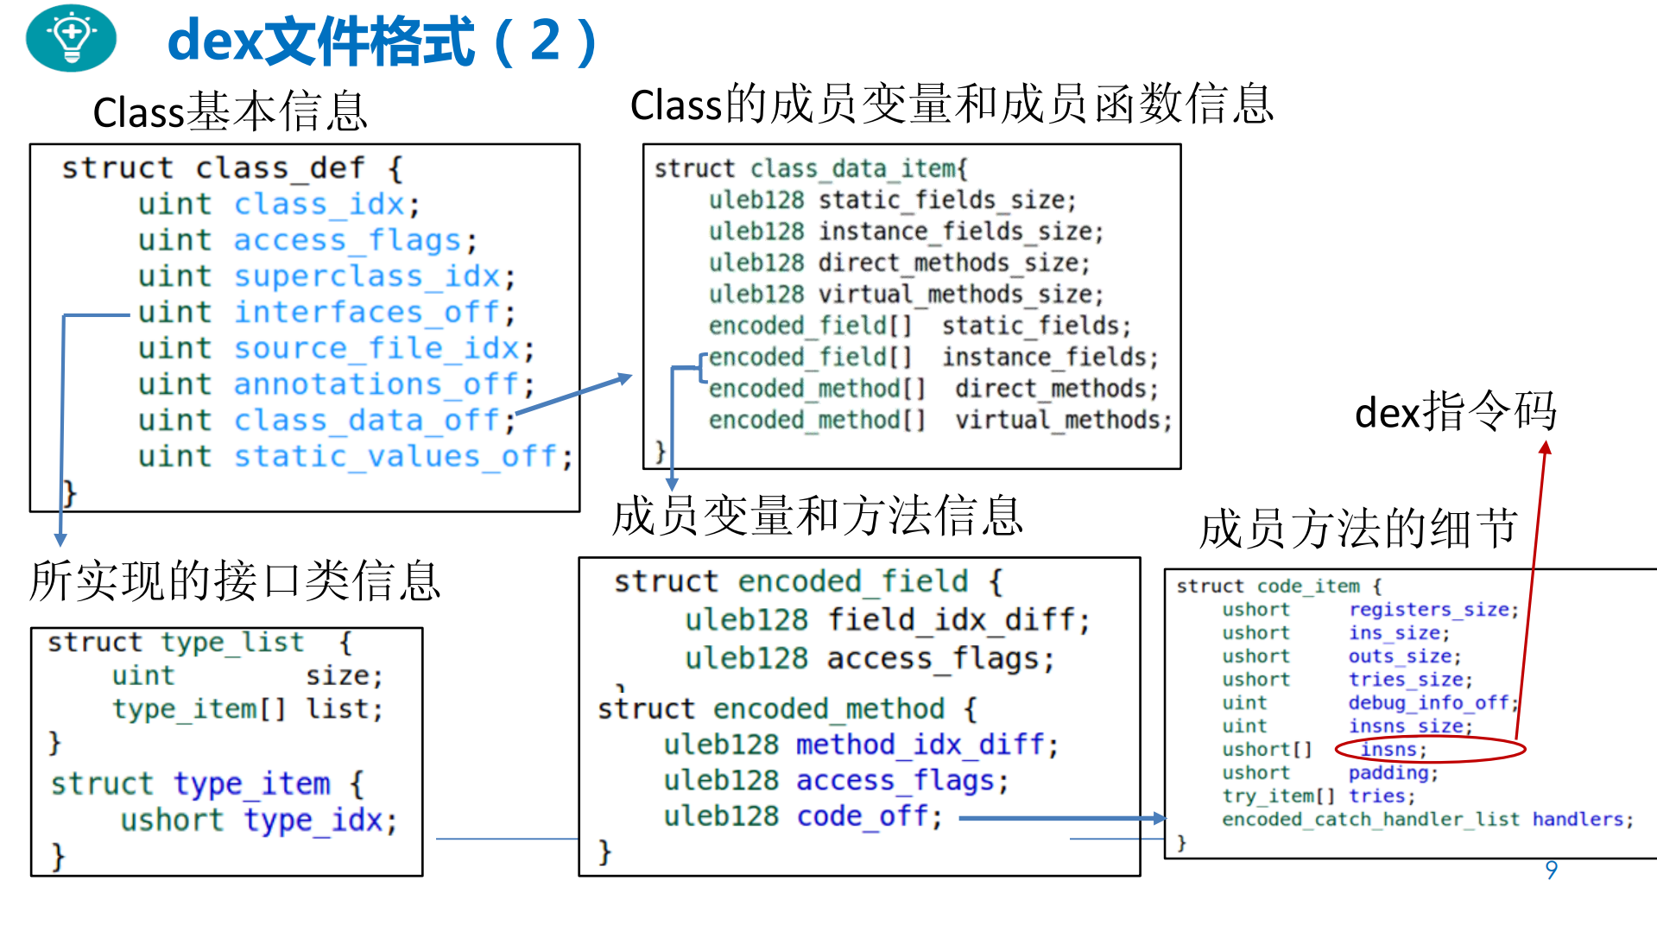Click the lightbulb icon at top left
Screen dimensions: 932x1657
point(71,38)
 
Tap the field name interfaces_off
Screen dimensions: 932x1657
point(367,312)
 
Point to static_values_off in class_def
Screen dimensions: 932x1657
point(397,456)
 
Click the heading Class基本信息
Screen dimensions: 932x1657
point(230,111)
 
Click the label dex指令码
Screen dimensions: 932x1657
point(1455,412)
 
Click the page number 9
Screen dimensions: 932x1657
point(1551,869)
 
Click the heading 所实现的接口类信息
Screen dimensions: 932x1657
point(235,580)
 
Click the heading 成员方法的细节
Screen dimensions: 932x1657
point(1357,528)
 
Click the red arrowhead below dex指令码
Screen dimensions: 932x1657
point(1546,447)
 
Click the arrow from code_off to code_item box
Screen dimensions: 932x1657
point(1062,818)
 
